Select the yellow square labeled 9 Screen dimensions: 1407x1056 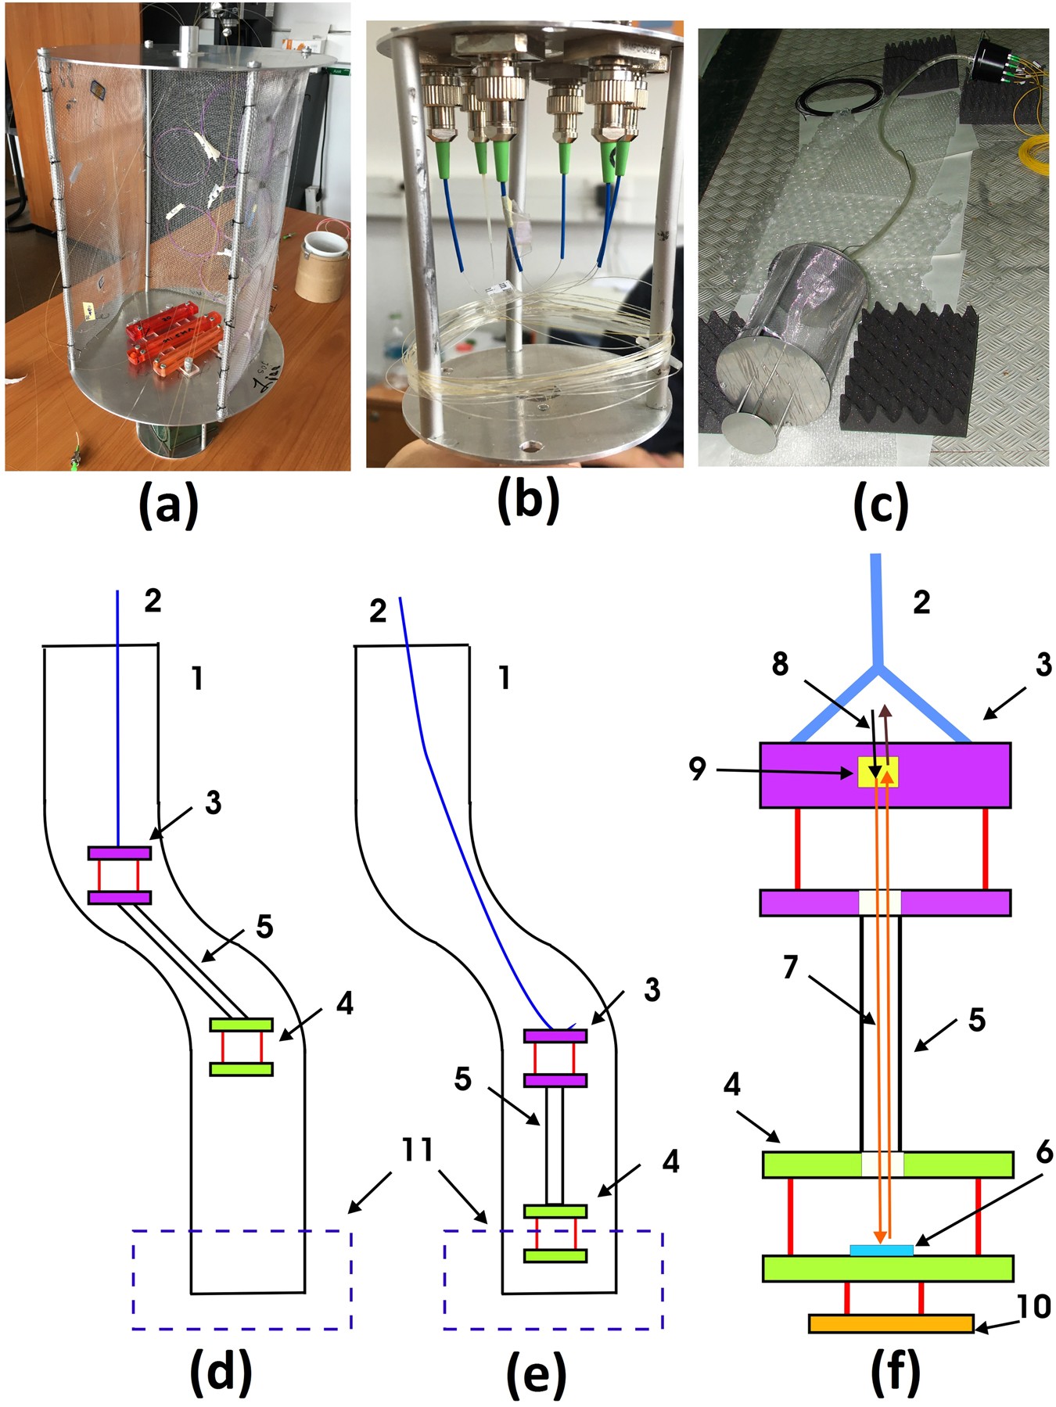[878, 772]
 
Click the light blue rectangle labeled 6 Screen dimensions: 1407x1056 [881, 1250]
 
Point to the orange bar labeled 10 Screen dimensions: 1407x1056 [890, 1323]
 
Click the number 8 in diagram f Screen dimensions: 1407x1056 [780, 664]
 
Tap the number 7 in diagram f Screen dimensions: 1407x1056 [790, 967]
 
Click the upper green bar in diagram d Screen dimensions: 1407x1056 [241, 1024]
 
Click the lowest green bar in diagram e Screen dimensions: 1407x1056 [555, 1255]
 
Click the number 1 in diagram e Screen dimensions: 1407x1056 [505, 677]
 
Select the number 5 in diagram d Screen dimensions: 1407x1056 [264, 927]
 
